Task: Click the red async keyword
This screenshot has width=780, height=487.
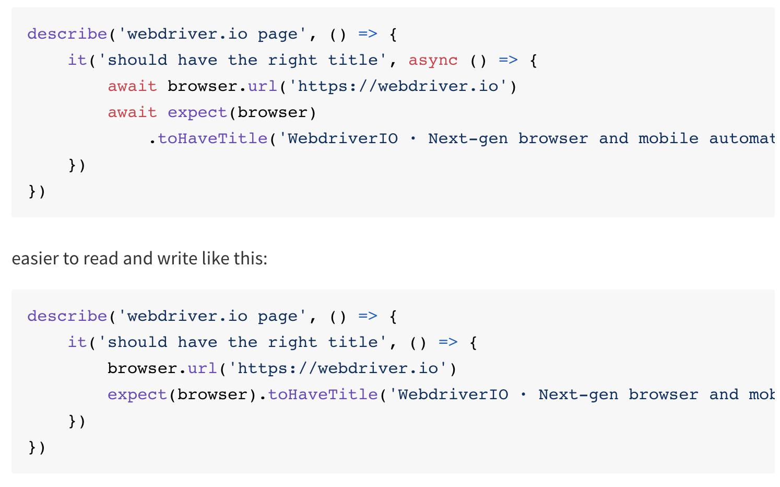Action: tap(433, 61)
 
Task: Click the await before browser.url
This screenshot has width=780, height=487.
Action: tap(132, 87)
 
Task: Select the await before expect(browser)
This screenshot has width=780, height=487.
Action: tap(132, 113)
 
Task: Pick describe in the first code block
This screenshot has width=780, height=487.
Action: tap(67, 34)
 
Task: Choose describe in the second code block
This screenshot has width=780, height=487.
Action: tap(67, 317)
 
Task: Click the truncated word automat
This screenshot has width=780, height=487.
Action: tap(741, 139)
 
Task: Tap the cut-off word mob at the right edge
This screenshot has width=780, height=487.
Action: tap(762, 395)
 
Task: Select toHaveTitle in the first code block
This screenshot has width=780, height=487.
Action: tap(212, 139)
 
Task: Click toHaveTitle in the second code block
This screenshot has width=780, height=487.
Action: tap(323, 395)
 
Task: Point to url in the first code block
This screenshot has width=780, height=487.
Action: tap(263, 87)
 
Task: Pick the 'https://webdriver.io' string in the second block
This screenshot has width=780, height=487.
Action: tap(338, 369)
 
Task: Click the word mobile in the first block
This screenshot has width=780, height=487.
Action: tap(668, 139)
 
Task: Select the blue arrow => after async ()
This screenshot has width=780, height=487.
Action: tap(508, 61)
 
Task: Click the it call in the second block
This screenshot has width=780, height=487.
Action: tap(77, 343)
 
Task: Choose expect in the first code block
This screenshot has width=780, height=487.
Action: tap(197, 113)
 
